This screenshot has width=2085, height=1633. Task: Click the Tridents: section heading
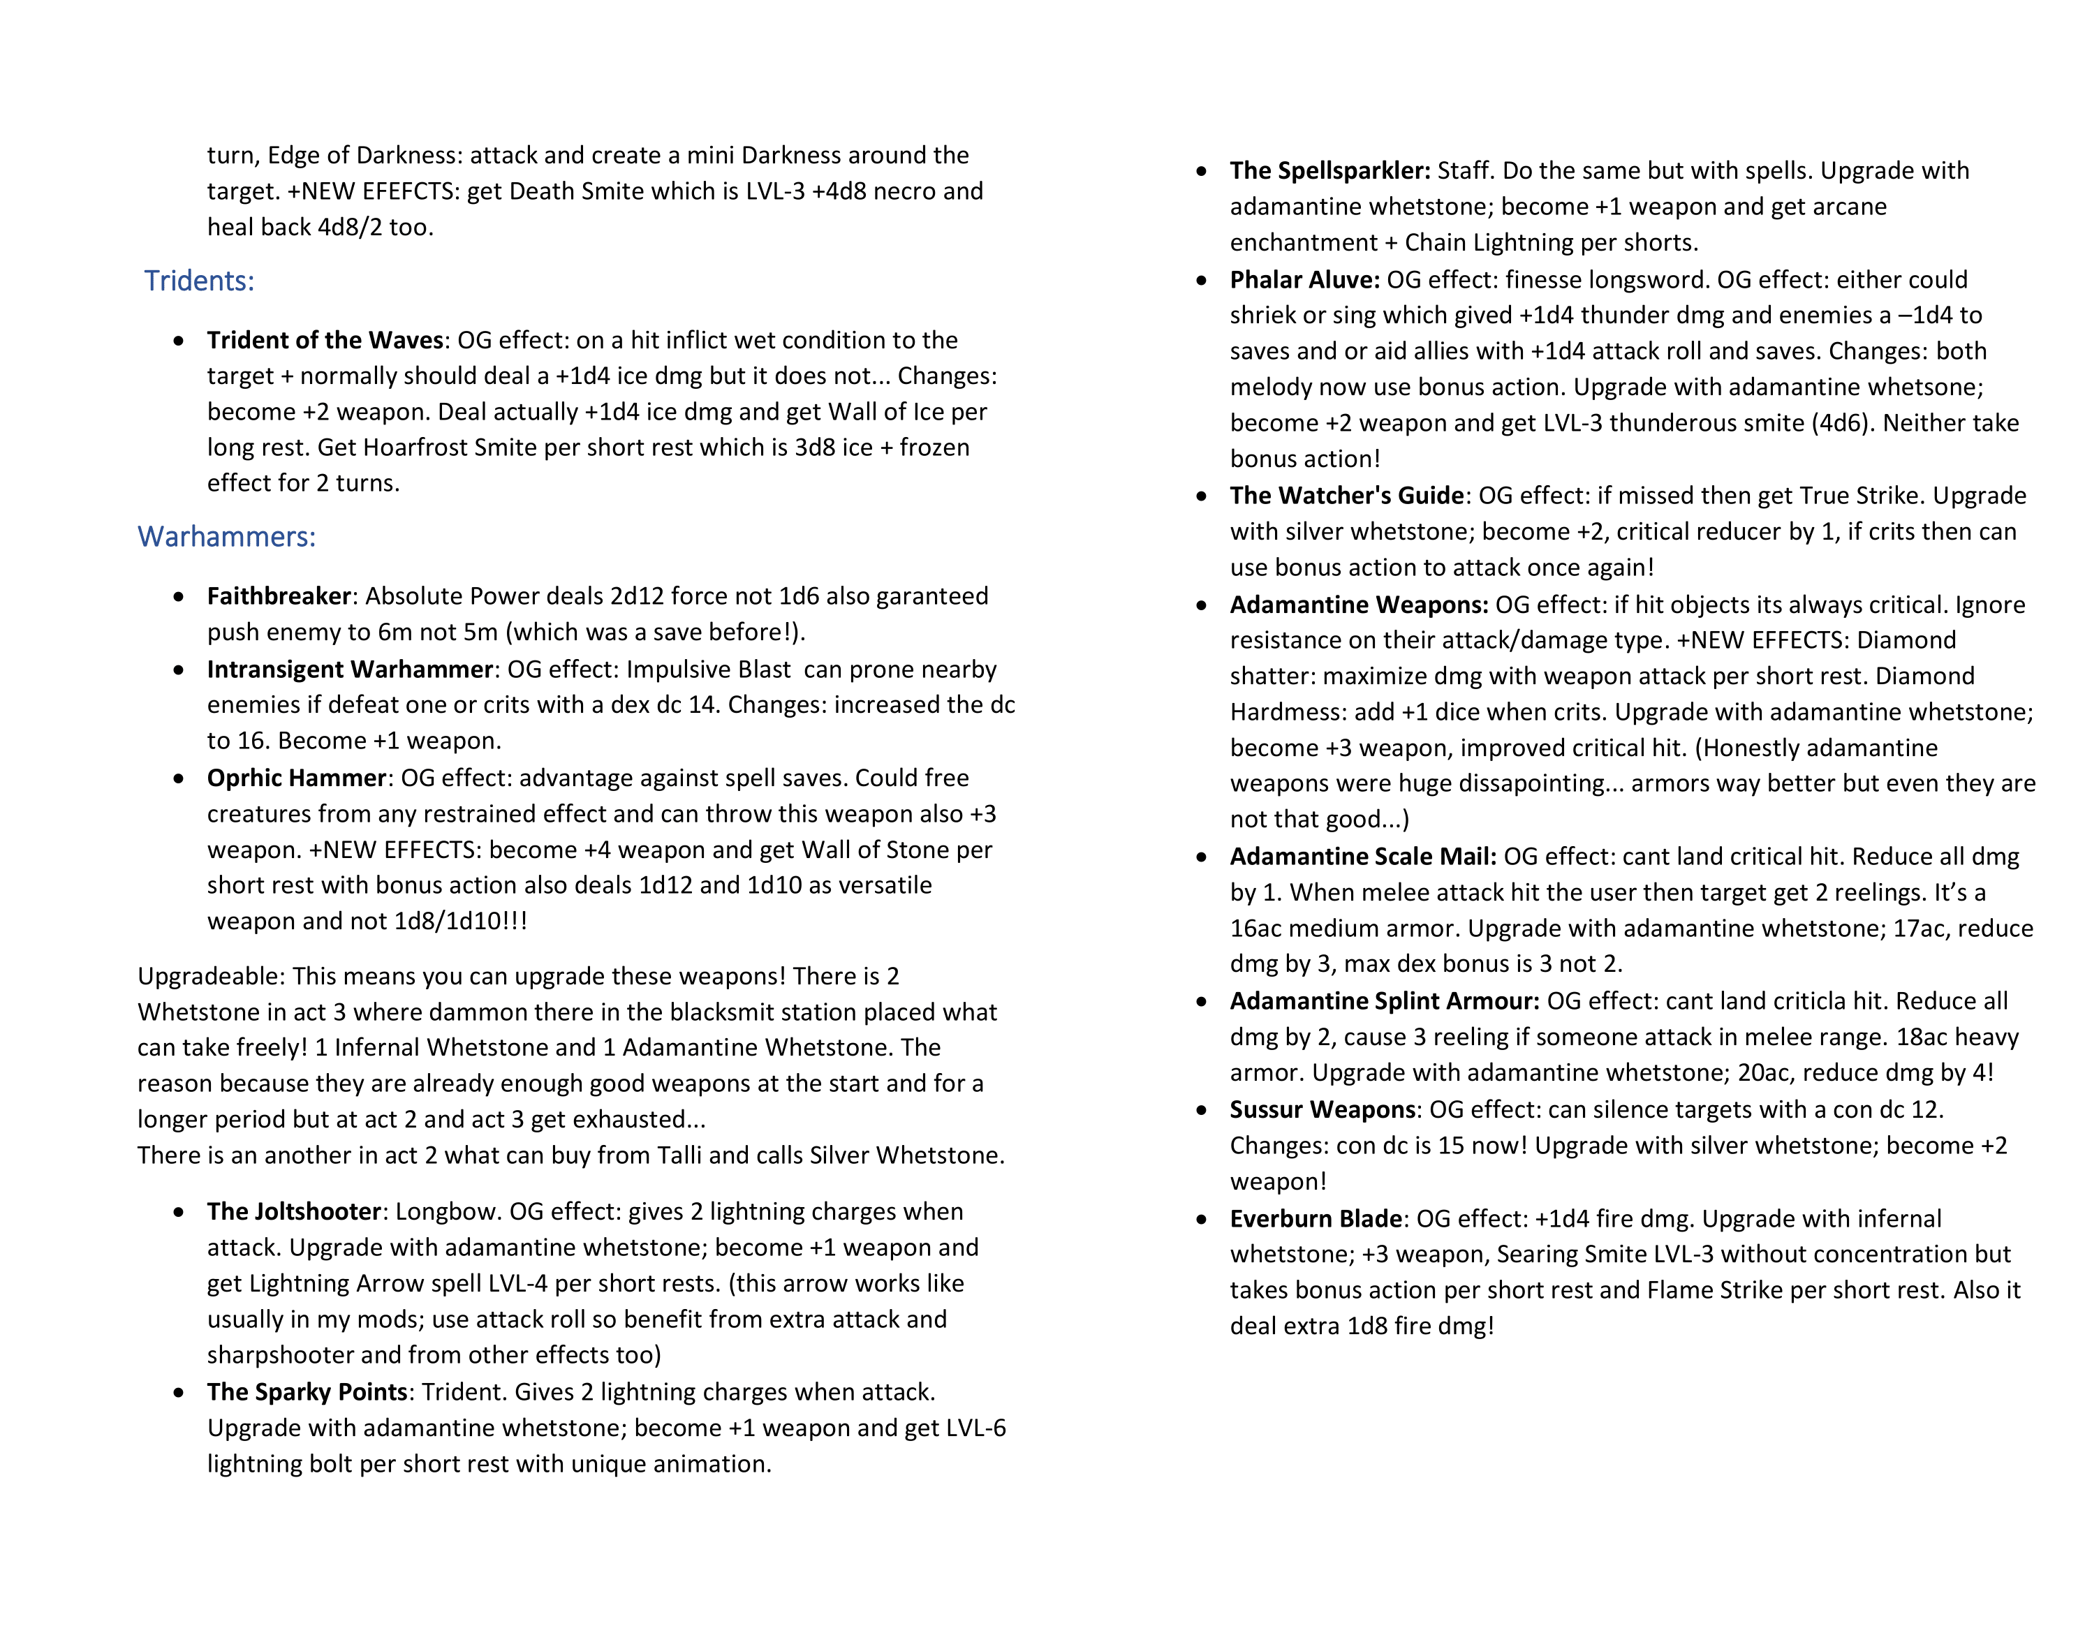click(x=199, y=281)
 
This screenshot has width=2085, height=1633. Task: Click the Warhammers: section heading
click(x=226, y=536)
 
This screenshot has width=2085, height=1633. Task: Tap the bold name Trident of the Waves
click(x=325, y=341)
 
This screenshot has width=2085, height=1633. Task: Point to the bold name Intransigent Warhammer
click(x=350, y=670)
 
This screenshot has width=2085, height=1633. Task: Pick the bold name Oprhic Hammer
click(x=296, y=778)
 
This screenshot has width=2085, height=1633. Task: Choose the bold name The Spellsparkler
click(x=1329, y=171)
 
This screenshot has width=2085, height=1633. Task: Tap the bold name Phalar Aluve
click(x=1304, y=280)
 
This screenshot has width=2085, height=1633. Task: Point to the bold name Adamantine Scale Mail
click(x=1362, y=857)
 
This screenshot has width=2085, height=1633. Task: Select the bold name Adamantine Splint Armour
click(x=1384, y=1001)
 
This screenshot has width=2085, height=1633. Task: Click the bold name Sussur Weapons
click(x=1322, y=1110)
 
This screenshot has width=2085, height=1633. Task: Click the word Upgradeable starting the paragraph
click(x=210, y=976)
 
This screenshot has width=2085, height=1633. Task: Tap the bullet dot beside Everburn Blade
click(x=1202, y=1219)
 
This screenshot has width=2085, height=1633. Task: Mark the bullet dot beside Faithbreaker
click(x=179, y=597)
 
